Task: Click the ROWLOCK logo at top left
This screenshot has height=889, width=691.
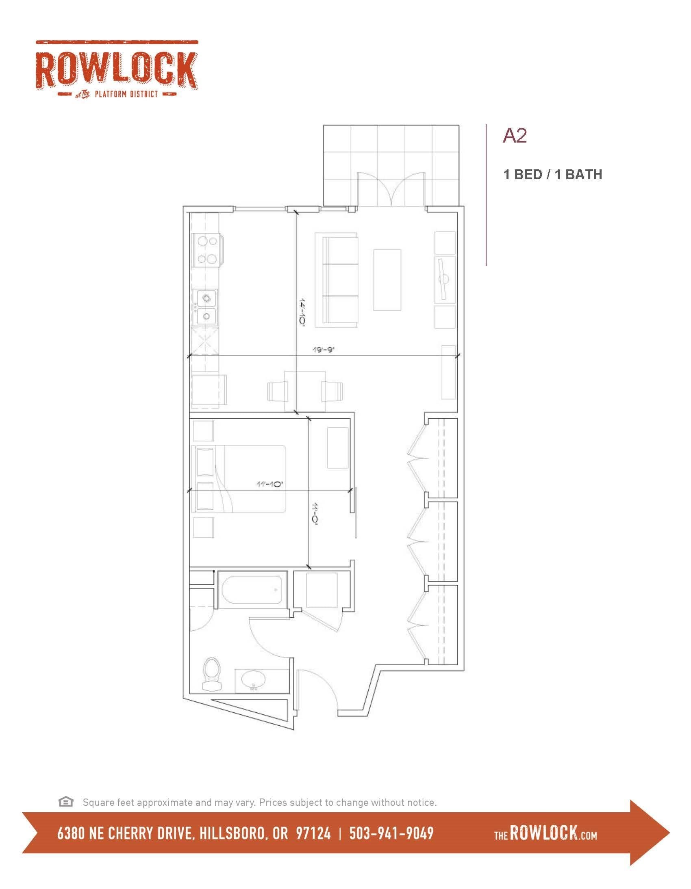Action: [117, 69]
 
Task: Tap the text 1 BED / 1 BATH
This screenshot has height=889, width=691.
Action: [553, 174]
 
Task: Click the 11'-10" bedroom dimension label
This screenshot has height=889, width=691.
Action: [269, 484]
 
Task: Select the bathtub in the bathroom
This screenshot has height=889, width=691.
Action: [252, 590]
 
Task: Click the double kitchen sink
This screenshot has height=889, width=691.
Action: [207, 307]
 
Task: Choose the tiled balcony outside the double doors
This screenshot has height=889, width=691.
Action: [391, 165]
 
